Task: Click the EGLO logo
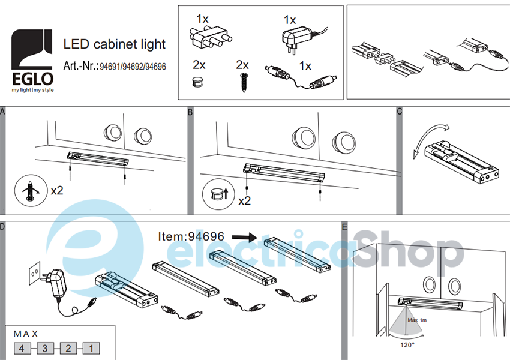(32, 61)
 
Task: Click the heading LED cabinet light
(115, 44)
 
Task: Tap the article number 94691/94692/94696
(133, 67)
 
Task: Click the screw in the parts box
(243, 83)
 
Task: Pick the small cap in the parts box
(197, 82)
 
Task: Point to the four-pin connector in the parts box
(210, 37)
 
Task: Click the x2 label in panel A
(57, 190)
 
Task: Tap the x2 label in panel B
(245, 201)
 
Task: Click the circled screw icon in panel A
(31, 190)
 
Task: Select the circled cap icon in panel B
(218, 194)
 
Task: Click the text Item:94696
(191, 236)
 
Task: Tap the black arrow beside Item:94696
(245, 237)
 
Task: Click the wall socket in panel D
(35, 273)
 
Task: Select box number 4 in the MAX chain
(22, 349)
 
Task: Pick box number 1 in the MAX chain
(91, 349)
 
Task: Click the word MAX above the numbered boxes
(26, 334)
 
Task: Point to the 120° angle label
(407, 345)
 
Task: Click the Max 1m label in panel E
(417, 320)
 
